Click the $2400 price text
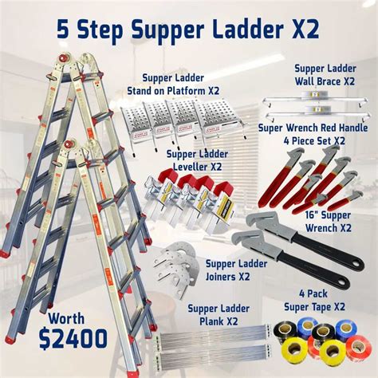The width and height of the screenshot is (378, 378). tap(54, 339)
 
